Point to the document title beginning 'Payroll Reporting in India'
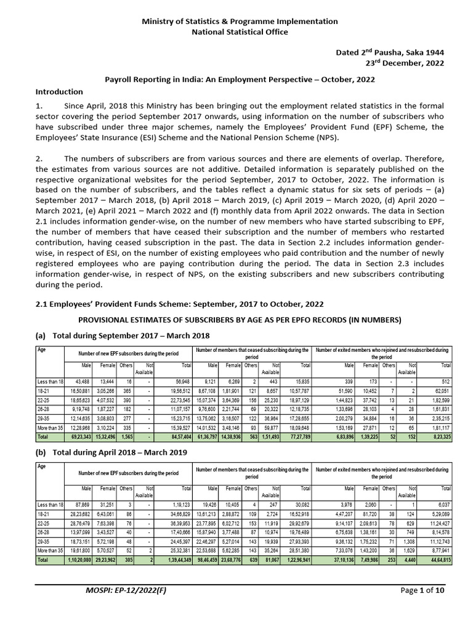click(x=236, y=80)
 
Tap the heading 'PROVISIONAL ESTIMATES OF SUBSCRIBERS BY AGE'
click(x=236, y=321)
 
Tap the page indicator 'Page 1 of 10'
click(x=414, y=608)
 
